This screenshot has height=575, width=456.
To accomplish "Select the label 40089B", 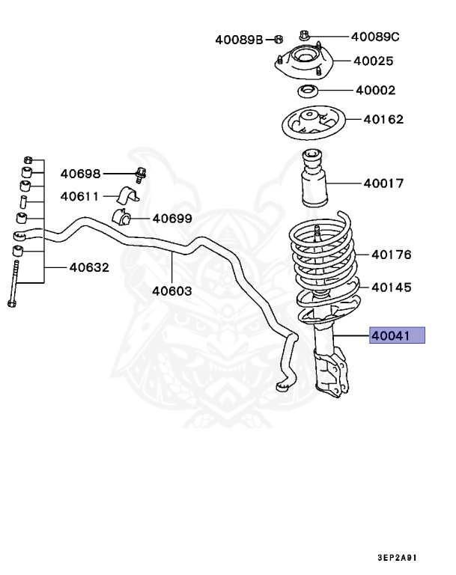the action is (240, 40).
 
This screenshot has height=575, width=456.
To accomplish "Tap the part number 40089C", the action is (375, 36).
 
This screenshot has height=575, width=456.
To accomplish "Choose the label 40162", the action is (383, 118).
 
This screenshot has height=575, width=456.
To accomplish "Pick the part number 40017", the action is (383, 183).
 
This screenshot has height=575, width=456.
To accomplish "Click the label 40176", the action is (392, 255).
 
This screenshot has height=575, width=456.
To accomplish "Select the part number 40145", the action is (391, 286).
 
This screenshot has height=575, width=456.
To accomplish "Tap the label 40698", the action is (80, 174).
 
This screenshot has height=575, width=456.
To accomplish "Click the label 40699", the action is (172, 219).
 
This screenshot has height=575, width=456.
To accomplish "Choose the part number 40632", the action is (90, 267).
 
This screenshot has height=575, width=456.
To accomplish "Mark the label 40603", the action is (172, 290).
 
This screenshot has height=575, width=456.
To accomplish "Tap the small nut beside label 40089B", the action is (276, 40).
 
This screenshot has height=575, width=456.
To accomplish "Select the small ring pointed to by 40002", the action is (307, 92).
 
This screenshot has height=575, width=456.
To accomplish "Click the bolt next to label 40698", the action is (140, 174).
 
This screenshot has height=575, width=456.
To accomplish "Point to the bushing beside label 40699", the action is (122, 218).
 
